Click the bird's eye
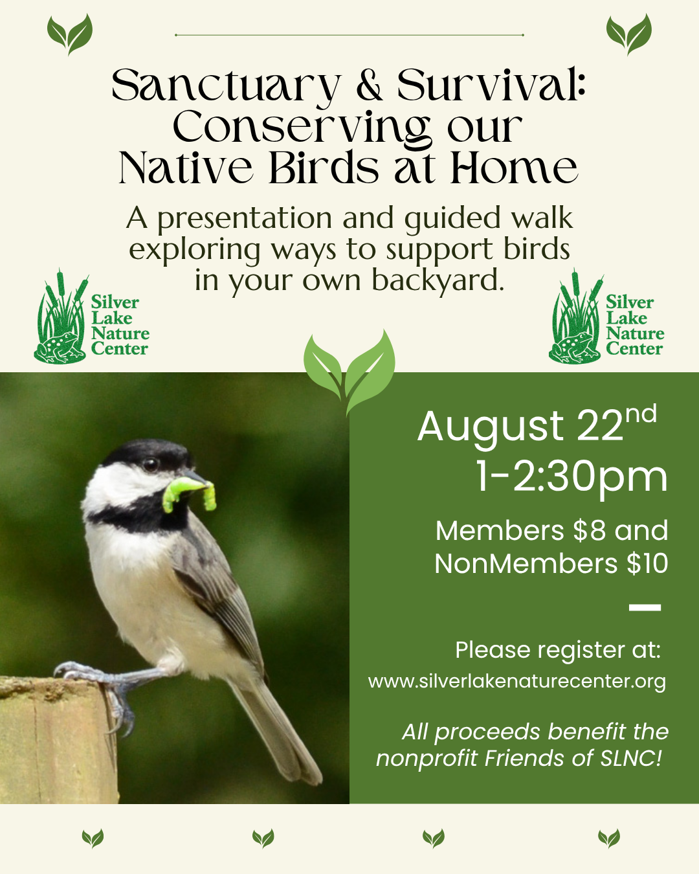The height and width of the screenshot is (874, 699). pyautogui.click(x=150, y=464)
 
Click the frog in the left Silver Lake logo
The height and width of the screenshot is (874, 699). pyautogui.click(x=59, y=347)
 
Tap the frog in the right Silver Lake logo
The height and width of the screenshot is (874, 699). pyautogui.click(x=574, y=347)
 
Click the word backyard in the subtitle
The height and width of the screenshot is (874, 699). pyautogui.click(x=438, y=280)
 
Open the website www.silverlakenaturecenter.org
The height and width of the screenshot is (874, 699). pyautogui.click(x=516, y=682)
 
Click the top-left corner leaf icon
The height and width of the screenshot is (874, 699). pyautogui.click(x=70, y=34)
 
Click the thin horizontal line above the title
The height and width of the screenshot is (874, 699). pyautogui.click(x=349, y=36)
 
